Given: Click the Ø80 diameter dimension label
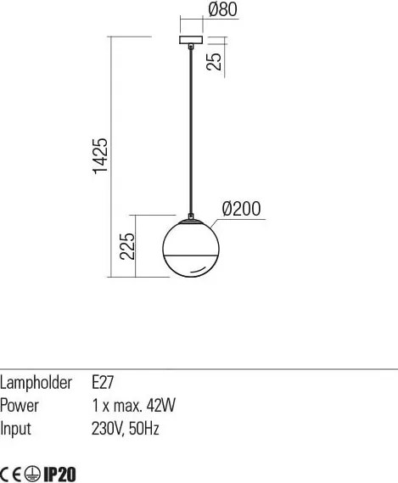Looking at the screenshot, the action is [222, 9].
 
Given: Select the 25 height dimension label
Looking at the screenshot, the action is [214, 62].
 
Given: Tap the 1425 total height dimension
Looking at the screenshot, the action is [100, 156].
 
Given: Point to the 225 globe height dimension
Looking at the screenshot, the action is [127, 246].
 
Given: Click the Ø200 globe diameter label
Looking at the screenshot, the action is [241, 209].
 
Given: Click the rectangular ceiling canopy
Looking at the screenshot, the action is [191, 40].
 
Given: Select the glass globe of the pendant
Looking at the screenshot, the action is [191, 248].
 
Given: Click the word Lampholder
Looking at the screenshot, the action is [36, 383].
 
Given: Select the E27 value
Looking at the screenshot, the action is [103, 383].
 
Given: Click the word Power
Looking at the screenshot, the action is [20, 406].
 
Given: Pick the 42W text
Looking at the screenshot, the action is [160, 406].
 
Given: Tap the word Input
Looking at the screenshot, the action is [15, 430].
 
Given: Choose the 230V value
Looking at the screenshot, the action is [109, 429].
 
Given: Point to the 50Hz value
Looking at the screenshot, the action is [144, 429].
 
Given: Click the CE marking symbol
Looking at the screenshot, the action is [11, 474].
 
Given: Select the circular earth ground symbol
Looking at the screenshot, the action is [32, 474].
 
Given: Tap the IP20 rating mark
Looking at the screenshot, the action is [59, 474].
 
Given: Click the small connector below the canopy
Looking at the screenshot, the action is [191, 47].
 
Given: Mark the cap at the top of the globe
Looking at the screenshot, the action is [191, 221].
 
